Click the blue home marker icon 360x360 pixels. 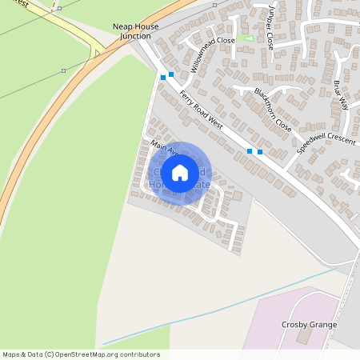tap(180, 172)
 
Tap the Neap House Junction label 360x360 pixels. tap(135, 31)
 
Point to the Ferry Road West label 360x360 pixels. tap(200, 110)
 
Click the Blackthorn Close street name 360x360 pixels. tap(273, 109)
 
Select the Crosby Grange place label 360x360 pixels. tap(309, 325)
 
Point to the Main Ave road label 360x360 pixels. tap(162, 152)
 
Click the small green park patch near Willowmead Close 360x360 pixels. tap(249, 38)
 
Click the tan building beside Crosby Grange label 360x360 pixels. tap(302, 337)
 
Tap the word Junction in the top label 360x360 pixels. tap(135, 36)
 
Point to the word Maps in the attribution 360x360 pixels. tap(12, 354)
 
